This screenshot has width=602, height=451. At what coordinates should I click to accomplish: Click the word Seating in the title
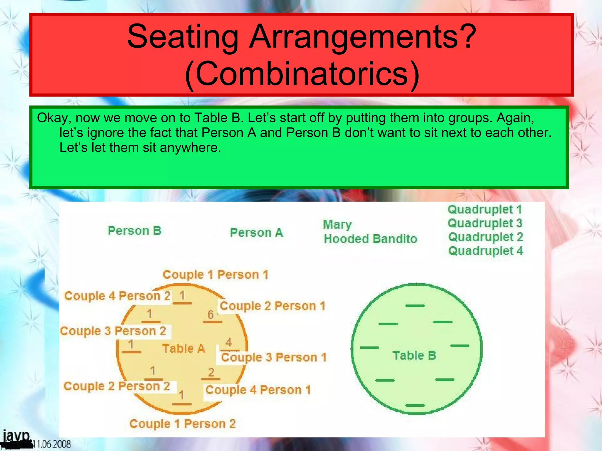(x=182, y=37)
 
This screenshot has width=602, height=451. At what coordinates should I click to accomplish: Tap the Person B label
(x=134, y=231)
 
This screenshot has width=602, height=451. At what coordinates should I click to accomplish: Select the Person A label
(x=256, y=233)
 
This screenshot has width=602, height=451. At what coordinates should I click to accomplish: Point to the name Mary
(x=337, y=225)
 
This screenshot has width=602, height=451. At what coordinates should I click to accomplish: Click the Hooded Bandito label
(x=370, y=239)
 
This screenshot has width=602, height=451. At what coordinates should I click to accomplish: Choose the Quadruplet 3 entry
(x=485, y=223)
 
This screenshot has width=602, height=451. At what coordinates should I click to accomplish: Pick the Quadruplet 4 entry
(x=486, y=251)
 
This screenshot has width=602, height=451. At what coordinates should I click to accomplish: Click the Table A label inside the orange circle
(x=183, y=349)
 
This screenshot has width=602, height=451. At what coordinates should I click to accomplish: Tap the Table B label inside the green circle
(x=414, y=356)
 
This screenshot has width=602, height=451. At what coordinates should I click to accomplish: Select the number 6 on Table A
(x=210, y=314)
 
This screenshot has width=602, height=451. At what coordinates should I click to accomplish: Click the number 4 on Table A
(x=229, y=342)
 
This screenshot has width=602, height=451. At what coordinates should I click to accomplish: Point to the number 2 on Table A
(x=211, y=372)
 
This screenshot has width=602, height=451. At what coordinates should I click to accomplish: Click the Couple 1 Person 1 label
(x=215, y=275)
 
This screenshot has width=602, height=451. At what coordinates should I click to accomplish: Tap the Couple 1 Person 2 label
(x=183, y=424)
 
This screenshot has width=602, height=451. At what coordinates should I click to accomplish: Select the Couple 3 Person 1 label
(x=274, y=357)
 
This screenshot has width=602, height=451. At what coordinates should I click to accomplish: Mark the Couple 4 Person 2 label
(x=117, y=296)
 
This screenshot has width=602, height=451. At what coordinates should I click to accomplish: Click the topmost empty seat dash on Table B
(x=415, y=306)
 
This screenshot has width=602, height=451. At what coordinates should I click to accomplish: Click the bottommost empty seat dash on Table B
(x=415, y=405)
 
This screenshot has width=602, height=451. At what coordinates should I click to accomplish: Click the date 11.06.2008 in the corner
(x=51, y=444)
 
